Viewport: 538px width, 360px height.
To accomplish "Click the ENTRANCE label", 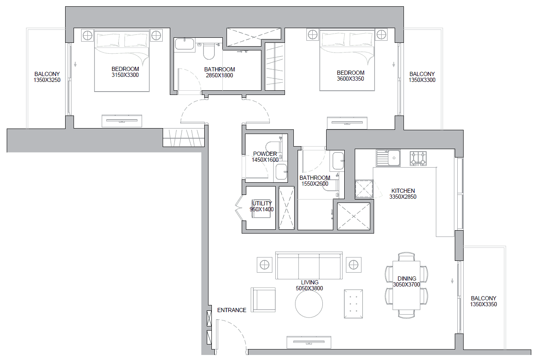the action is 232,310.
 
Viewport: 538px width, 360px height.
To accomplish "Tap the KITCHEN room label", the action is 403,191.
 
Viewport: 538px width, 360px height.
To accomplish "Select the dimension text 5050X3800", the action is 309,288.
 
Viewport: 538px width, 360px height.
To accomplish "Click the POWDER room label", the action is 265,154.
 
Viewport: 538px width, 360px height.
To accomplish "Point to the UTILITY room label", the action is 262,203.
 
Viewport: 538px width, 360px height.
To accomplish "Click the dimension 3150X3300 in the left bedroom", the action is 125,75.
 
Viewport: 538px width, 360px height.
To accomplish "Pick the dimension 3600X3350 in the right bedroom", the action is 351,79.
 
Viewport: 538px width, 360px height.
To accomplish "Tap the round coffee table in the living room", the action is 309,304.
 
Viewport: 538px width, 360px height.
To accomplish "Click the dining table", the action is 406,285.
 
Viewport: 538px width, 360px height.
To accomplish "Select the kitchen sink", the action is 388,158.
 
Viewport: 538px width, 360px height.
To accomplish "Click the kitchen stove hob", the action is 418,158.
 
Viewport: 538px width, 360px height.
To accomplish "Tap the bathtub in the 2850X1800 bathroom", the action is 185,45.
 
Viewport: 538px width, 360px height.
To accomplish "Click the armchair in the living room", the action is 263,300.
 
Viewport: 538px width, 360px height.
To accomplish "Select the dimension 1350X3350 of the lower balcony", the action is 483,304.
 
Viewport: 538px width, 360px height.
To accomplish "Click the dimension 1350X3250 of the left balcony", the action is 47,80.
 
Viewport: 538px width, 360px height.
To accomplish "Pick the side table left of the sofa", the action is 264,265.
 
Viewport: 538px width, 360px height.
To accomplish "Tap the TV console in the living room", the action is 309,342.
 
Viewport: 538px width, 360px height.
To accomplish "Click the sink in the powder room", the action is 281,172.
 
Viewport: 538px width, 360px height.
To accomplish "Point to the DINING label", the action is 407,279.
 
